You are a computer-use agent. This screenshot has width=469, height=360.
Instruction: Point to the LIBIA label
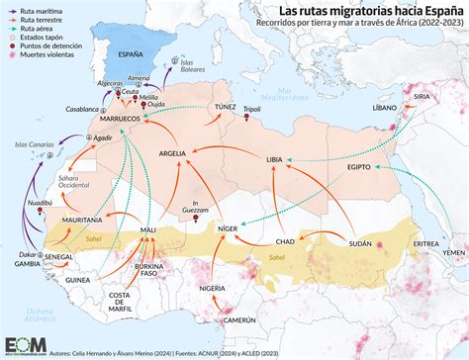(275, 159)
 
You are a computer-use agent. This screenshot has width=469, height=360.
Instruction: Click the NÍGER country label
(229, 227)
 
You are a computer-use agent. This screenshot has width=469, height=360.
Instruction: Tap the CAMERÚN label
(240, 320)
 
